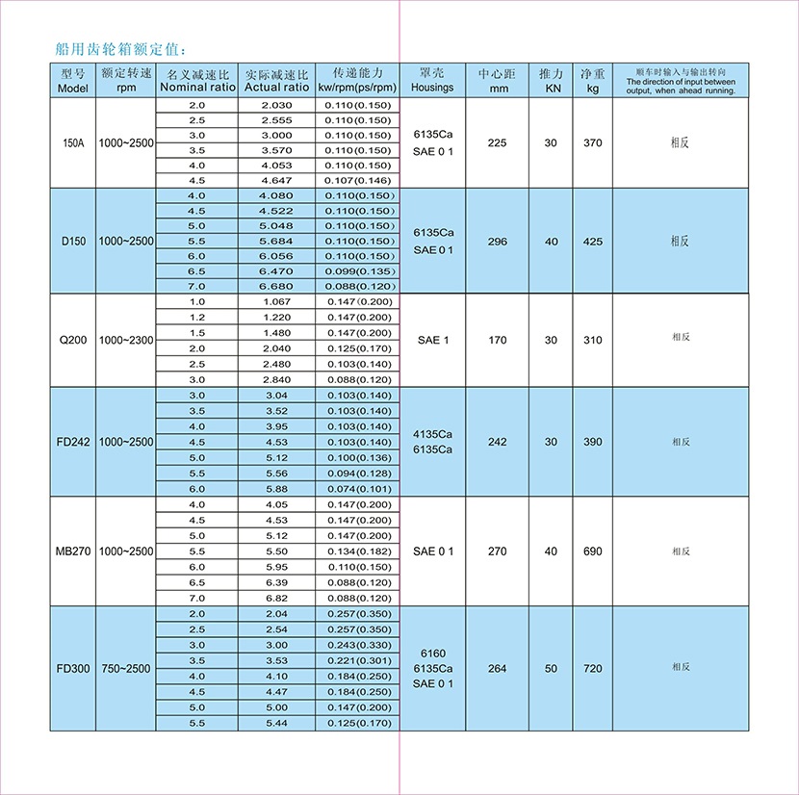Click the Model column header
74,81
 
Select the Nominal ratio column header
197,81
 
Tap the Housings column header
432,81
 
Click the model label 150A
74,142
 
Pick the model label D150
74,241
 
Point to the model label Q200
74,340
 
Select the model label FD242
74,442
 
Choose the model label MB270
74,551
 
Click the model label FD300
74,667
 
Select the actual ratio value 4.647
276,180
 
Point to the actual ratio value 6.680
276,286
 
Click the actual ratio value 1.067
276,301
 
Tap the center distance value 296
498,242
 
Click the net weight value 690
593,551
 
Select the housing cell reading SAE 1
432,340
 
